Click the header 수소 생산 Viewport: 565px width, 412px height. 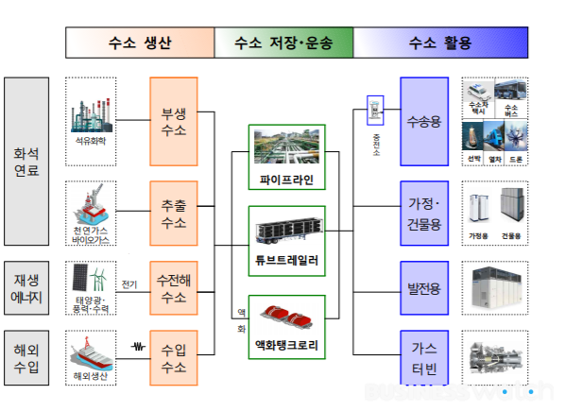click(140, 43)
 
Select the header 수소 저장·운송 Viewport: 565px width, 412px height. click(283, 43)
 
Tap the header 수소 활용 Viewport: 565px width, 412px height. click(439, 43)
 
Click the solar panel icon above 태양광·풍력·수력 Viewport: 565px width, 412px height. click(84, 278)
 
